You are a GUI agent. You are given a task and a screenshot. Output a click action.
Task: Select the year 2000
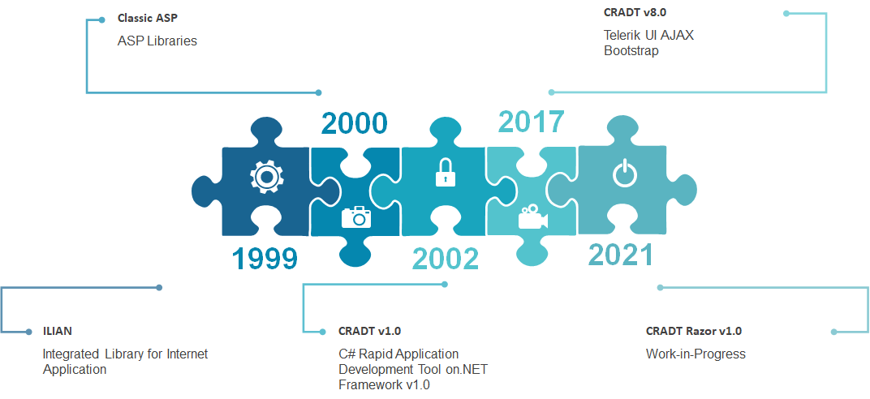pyautogui.click(x=354, y=123)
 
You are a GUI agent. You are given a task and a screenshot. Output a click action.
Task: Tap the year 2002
pyautogui.click(x=445, y=259)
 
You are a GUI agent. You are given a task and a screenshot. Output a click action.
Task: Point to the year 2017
pyautogui.click(x=531, y=122)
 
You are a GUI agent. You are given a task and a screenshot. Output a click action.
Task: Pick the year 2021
pyautogui.click(x=620, y=255)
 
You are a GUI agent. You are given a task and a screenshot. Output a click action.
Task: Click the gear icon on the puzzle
pyautogui.click(x=266, y=177)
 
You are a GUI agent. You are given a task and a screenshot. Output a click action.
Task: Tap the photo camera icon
pyautogui.click(x=356, y=217)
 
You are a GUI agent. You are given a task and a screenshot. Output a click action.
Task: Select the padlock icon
pyautogui.click(x=445, y=173)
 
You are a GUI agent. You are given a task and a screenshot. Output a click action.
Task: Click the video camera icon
pyautogui.click(x=532, y=217)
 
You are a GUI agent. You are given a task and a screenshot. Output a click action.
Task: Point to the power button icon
pyautogui.click(x=625, y=174)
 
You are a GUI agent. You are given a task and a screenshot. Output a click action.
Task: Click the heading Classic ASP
pyautogui.click(x=148, y=18)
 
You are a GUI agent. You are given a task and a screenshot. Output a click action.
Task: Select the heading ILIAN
pyautogui.click(x=58, y=332)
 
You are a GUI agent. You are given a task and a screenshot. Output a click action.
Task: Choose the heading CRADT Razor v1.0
pyautogui.click(x=694, y=332)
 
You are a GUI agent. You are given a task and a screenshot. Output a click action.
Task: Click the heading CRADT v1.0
pyautogui.click(x=369, y=332)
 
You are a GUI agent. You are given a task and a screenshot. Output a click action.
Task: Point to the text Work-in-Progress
pyautogui.click(x=696, y=354)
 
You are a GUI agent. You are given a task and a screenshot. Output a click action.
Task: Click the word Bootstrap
pyautogui.click(x=631, y=51)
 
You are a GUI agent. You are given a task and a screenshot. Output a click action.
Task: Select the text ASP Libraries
pyautogui.click(x=157, y=41)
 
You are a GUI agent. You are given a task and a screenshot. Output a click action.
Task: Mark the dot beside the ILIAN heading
pyautogui.click(x=29, y=332)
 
